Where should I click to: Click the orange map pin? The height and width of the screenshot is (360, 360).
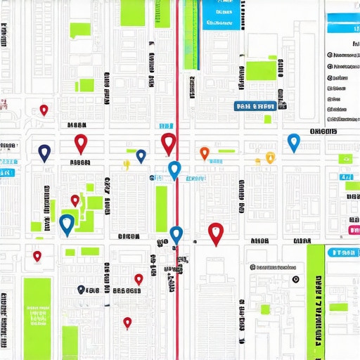point(204,152)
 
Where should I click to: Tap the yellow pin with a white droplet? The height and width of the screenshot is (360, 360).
point(270,157)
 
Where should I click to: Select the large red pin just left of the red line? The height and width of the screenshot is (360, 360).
point(167,143)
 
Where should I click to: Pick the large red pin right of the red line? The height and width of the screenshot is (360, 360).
point(216,232)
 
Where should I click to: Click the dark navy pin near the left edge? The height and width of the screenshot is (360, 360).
point(44,152)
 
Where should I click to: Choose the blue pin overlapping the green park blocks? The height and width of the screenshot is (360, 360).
point(67,224)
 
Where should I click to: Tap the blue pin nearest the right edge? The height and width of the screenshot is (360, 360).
point(294,141)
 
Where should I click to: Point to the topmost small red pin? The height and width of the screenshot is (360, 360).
point(44,110)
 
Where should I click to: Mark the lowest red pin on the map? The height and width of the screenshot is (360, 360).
point(127,322)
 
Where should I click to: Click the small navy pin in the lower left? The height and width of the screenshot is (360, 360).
point(81,289)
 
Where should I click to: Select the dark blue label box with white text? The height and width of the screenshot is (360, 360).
point(254,107)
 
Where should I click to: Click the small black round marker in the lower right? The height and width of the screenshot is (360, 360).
point(296,279)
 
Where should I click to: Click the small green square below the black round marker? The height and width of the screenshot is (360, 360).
point(265,309)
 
